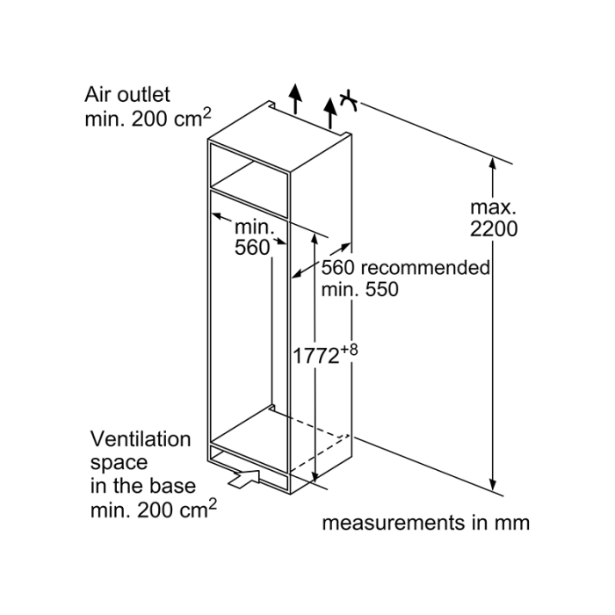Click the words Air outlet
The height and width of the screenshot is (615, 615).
(x=127, y=95)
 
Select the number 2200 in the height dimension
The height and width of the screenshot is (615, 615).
(x=494, y=229)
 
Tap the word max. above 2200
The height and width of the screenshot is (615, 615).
(x=493, y=207)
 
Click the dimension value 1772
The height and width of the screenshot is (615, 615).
(x=315, y=356)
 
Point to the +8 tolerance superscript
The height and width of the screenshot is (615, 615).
(x=349, y=349)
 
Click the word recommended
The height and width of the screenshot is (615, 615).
(x=425, y=268)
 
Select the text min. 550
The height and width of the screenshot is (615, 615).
(x=359, y=290)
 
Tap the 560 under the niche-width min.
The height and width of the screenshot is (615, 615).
(x=252, y=248)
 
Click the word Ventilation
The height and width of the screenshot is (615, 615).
(x=141, y=439)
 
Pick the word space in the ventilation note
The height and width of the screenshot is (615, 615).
(x=119, y=463)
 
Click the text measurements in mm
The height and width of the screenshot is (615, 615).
(x=425, y=523)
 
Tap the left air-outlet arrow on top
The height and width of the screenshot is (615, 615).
(x=295, y=98)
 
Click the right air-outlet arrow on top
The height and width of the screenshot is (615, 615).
(x=330, y=113)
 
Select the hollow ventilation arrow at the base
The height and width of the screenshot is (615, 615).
(x=244, y=480)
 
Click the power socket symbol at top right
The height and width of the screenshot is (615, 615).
(x=348, y=101)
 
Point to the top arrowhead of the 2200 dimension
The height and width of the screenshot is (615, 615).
(x=493, y=163)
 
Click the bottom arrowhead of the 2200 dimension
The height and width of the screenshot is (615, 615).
(x=493, y=484)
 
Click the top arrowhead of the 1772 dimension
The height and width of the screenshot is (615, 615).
(x=315, y=239)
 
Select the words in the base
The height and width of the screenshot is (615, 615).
(x=142, y=487)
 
